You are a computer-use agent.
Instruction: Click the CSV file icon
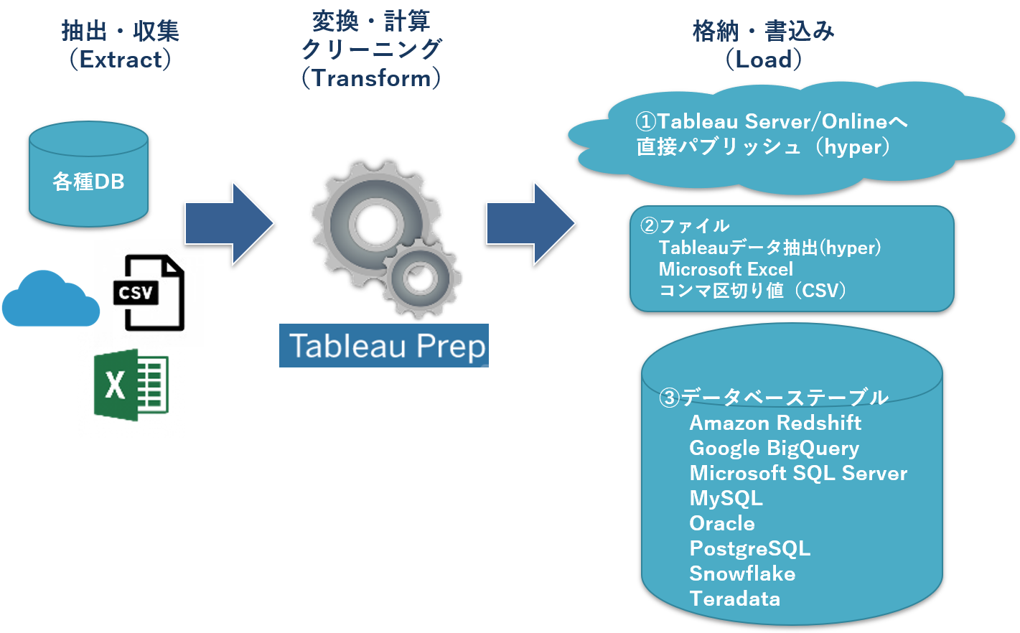(149, 292)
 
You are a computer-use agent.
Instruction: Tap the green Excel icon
(131, 385)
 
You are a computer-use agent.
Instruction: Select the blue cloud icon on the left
(50, 299)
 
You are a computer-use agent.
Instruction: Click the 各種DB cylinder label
(88, 182)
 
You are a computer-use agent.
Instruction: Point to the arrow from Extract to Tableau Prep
(229, 224)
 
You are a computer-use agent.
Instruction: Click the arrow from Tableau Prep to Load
(531, 224)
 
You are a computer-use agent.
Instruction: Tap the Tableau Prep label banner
(384, 346)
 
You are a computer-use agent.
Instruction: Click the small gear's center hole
(419, 278)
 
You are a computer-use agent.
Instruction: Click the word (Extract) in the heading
(121, 60)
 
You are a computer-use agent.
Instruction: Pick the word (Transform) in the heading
(371, 78)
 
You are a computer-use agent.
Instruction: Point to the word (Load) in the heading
(764, 60)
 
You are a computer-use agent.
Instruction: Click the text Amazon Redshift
(775, 423)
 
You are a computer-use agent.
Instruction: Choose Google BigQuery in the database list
(774, 449)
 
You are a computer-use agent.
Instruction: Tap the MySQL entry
(726, 498)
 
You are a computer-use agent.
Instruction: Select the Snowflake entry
(742, 573)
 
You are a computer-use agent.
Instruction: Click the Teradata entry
(734, 599)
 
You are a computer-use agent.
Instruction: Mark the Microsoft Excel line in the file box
(726, 269)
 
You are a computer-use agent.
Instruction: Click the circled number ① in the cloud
(646, 121)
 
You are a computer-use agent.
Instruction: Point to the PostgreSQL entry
(749, 549)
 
